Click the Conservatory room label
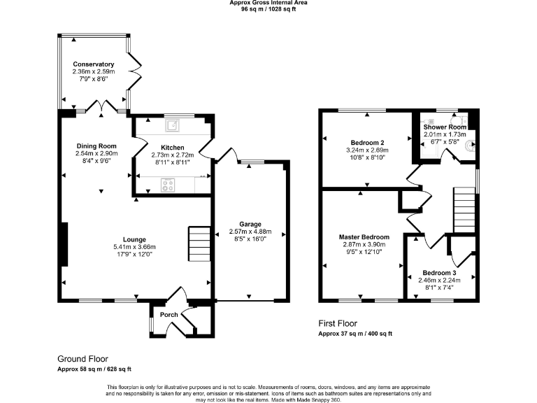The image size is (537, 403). click(x=93, y=64)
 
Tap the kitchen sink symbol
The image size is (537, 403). click(x=171, y=126)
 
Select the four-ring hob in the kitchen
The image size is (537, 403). click(x=169, y=185)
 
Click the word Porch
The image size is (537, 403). click(x=169, y=314)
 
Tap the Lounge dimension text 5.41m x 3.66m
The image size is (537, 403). click(x=134, y=247)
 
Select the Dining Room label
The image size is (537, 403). click(x=96, y=146)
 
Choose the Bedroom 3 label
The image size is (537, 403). click(x=440, y=272)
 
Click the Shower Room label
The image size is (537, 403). click(x=445, y=127)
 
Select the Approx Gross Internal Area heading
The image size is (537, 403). click(x=268, y=3)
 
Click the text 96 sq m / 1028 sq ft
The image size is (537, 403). click(x=268, y=10)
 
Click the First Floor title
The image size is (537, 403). click(x=338, y=324)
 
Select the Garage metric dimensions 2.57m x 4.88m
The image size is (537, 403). click(x=250, y=232)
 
